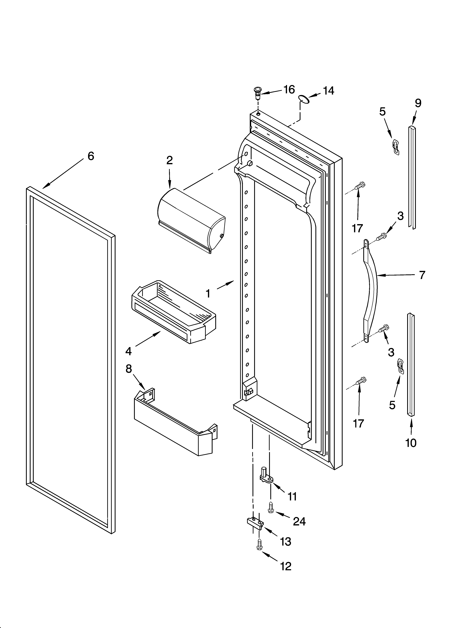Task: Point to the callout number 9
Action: (418, 103)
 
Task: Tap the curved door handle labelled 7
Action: (371, 291)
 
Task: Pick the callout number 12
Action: (286, 566)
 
